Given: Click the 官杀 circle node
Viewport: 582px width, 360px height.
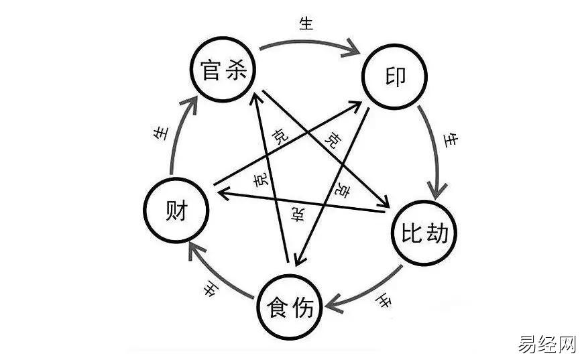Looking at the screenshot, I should click(221, 70).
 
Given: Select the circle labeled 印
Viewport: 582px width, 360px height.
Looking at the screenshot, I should click(395, 78).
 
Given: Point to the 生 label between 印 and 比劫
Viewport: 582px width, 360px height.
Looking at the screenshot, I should click(453, 141).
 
